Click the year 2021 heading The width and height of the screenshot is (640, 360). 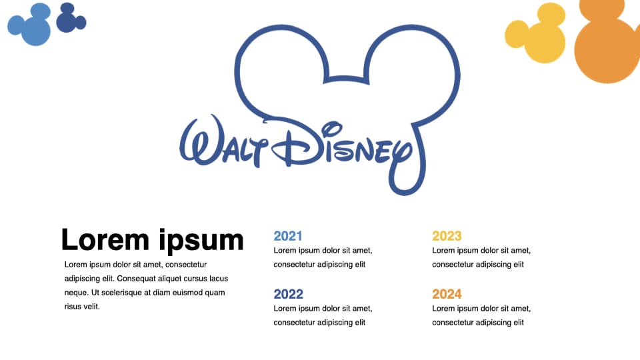click(288, 236)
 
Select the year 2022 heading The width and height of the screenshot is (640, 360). click(288, 294)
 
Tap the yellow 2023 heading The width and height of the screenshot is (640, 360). click(447, 236)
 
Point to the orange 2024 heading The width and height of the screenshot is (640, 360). click(447, 294)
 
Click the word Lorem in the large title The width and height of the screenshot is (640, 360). click(105, 239)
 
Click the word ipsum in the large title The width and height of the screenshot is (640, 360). click(201, 241)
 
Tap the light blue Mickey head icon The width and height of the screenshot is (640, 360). click(30, 24)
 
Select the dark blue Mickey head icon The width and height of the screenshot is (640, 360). click(71, 18)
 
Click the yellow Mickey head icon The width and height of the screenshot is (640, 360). click(535, 33)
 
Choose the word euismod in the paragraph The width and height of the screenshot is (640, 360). click(188, 293)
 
